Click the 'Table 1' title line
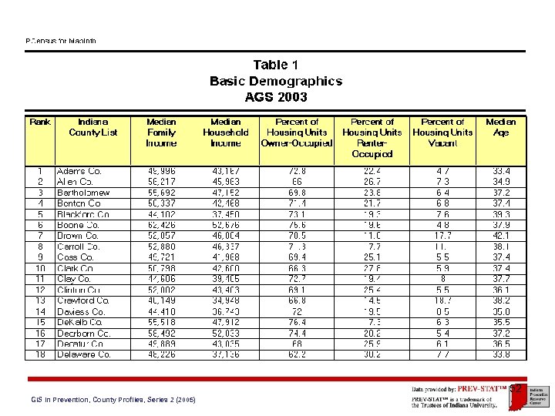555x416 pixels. (x=276, y=65)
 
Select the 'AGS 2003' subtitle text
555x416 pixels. (x=276, y=97)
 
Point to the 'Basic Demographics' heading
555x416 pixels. (x=276, y=81)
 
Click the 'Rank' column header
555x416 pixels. (x=40, y=122)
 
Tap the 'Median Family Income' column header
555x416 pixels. (x=161, y=132)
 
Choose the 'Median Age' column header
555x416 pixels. (x=501, y=126)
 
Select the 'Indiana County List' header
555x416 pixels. (x=93, y=126)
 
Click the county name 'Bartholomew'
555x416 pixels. (x=83, y=193)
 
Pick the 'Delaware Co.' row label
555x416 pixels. (x=84, y=354)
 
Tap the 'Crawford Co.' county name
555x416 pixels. (x=83, y=300)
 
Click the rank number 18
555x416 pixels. (x=40, y=354)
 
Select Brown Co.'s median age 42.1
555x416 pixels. (x=501, y=236)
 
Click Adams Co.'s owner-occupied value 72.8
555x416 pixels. (x=297, y=171)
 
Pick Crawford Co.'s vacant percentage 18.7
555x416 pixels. (x=442, y=300)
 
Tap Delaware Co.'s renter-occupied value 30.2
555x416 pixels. (x=372, y=354)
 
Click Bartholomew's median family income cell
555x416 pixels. (x=161, y=193)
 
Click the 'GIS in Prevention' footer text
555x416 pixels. (x=113, y=400)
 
